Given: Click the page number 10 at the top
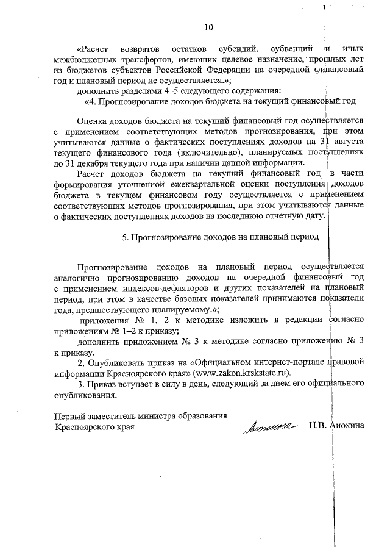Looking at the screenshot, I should coord(209,27).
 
